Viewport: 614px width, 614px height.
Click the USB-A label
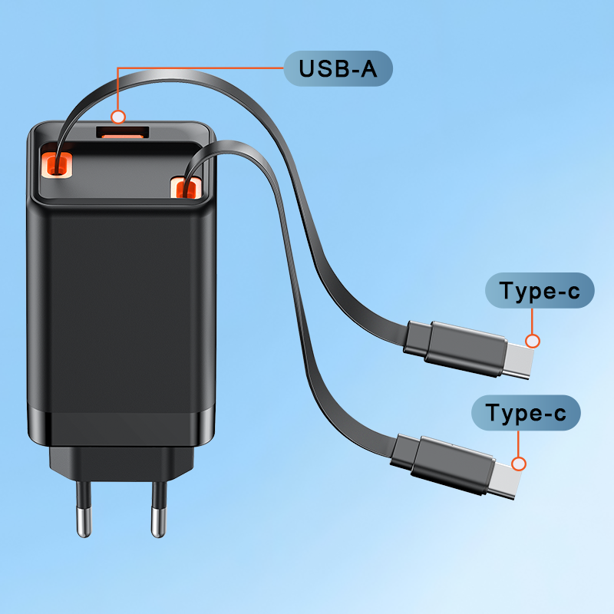(x=338, y=69)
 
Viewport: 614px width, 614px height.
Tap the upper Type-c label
(x=540, y=291)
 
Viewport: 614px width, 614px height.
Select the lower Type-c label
(x=526, y=414)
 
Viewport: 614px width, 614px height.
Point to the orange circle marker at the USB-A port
(x=117, y=117)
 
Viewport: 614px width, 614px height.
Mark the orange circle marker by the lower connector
(x=520, y=464)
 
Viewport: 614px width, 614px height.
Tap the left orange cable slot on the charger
(x=58, y=162)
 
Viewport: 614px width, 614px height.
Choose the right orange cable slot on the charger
(x=185, y=187)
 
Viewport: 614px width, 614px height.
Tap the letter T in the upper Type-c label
(x=507, y=291)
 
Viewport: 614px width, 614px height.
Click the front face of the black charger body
(x=119, y=307)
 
